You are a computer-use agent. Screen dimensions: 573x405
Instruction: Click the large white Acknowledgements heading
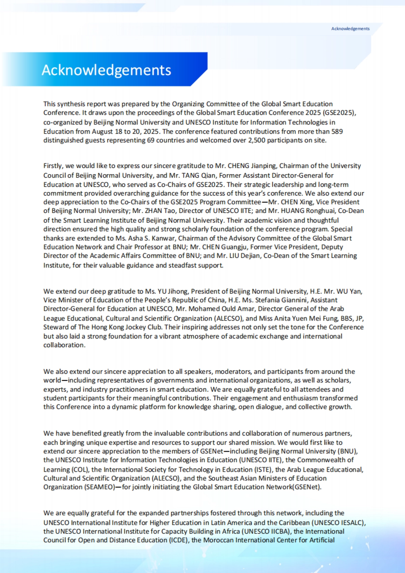coord(106,70)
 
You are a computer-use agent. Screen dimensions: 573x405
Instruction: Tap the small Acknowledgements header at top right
coord(350,29)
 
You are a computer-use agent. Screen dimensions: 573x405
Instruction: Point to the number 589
coord(337,131)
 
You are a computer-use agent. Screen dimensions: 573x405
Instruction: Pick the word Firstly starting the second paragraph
coord(53,166)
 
